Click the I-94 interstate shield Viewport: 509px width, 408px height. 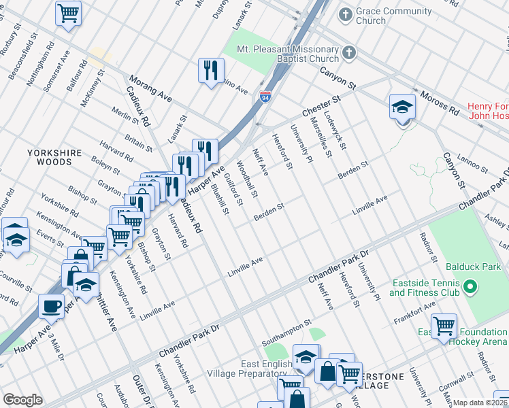click(x=265, y=98)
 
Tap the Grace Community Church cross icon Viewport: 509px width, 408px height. click(x=346, y=14)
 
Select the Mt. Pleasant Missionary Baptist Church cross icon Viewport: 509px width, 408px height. click(x=349, y=52)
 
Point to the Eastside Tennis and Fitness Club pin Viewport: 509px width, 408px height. click(x=469, y=288)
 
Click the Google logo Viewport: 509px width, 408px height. click(x=22, y=400)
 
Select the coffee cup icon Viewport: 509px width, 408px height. click(x=51, y=306)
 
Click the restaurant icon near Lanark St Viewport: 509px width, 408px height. click(x=210, y=69)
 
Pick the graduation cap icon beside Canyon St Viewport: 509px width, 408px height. click(x=401, y=107)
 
